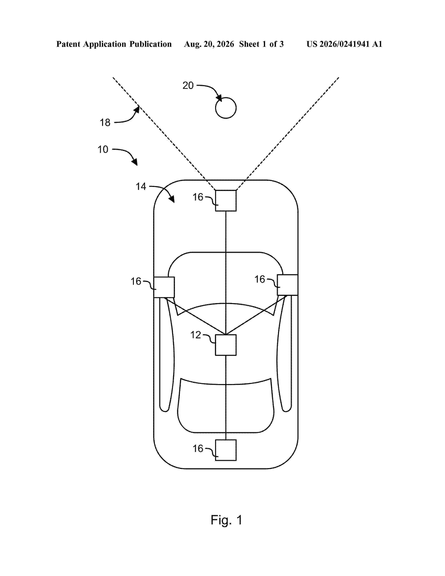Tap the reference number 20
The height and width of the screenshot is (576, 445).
[188, 86]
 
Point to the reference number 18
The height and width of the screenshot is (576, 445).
[105, 123]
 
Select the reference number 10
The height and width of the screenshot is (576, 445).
[103, 150]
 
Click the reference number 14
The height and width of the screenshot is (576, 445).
[141, 186]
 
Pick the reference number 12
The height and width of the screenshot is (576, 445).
[196, 335]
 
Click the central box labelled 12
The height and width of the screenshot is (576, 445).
[226, 345]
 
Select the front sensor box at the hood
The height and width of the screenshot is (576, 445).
[226, 201]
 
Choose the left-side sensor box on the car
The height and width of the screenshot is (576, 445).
[164, 287]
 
